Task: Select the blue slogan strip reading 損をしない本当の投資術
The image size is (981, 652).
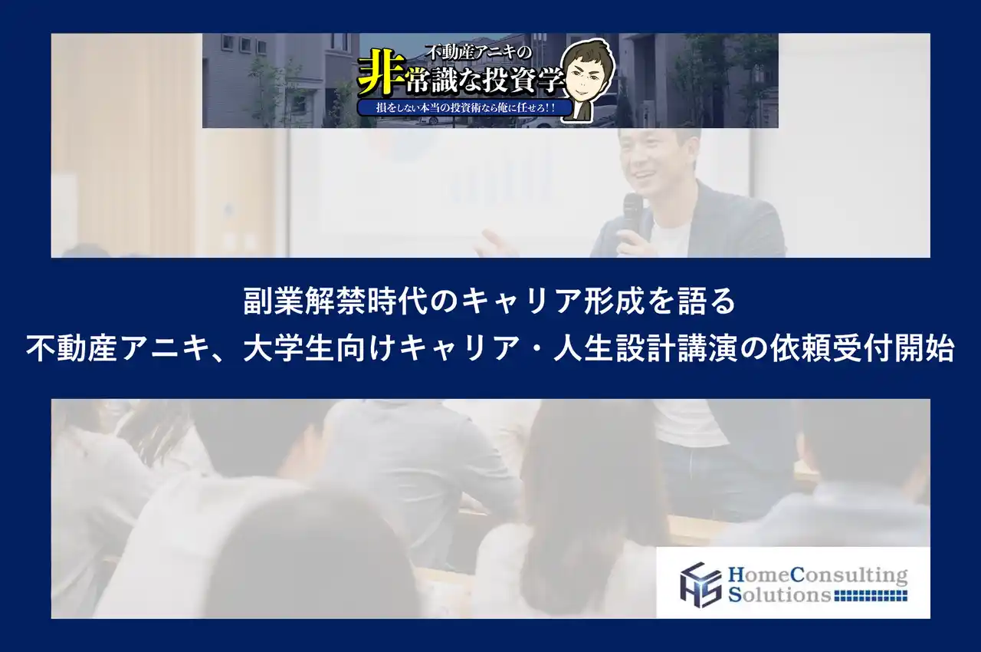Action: point(467,109)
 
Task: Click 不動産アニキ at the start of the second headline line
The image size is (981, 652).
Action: point(113,350)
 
